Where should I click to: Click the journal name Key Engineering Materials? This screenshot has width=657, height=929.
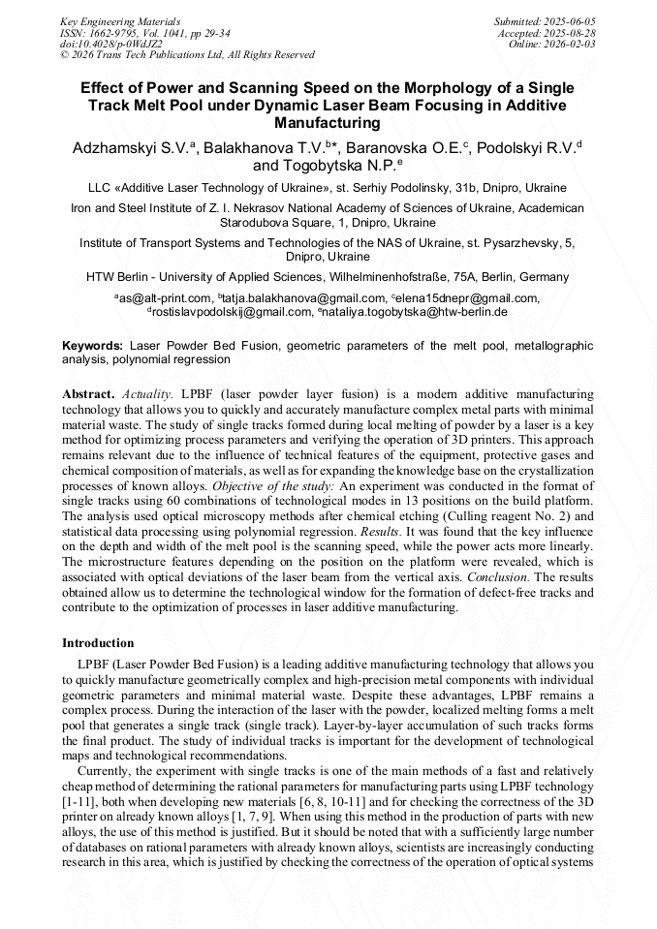coord(119,20)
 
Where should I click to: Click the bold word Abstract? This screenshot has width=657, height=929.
coord(88,395)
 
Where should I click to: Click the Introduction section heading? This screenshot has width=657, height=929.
coord(98,642)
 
